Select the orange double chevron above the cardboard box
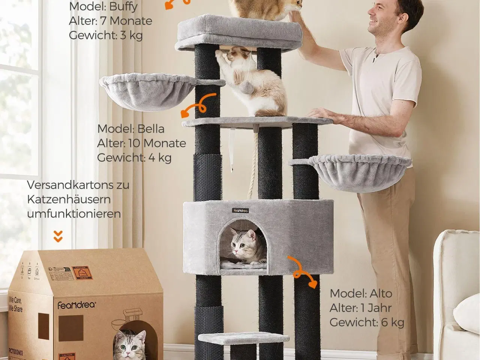click(58, 236)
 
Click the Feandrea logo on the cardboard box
click(76, 305)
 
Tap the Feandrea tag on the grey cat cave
click(239, 210)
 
